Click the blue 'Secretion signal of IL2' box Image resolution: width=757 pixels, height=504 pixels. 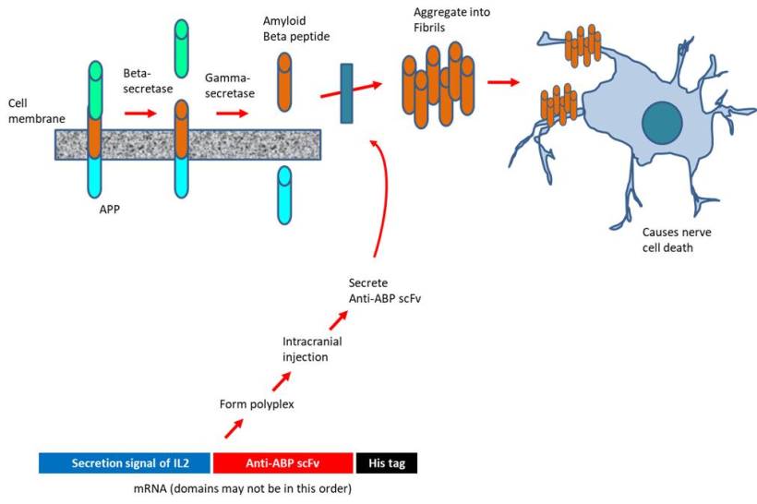[x=124, y=462]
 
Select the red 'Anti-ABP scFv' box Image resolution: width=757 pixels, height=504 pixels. [x=283, y=462]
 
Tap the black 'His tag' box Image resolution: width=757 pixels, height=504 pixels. [x=386, y=462]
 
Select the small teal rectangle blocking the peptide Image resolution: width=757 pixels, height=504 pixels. [x=347, y=92]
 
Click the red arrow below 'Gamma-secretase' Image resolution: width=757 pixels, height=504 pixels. [x=233, y=114]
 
